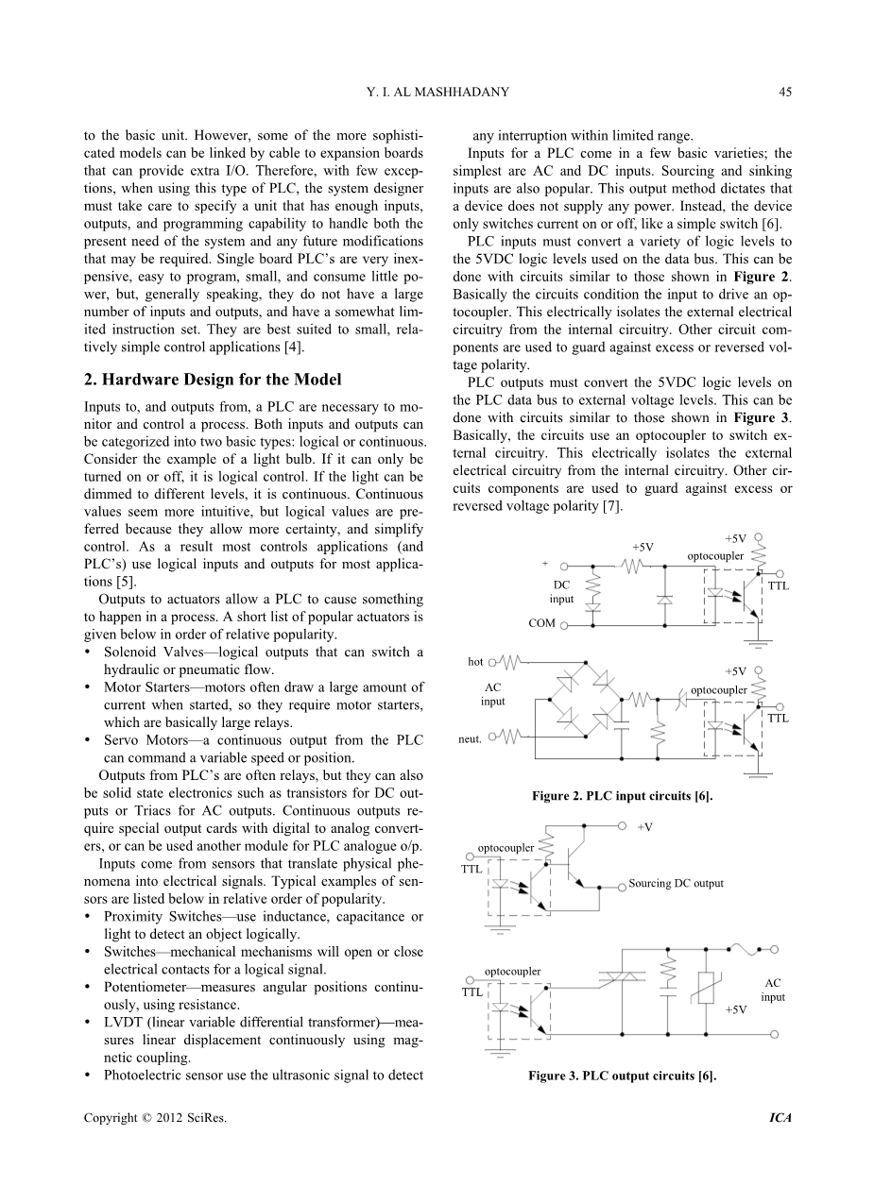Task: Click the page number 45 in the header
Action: (x=785, y=92)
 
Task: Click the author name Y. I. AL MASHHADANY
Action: (x=437, y=92)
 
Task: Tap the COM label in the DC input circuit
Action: (x=541, y=624)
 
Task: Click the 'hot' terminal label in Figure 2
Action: (x=476, y=662)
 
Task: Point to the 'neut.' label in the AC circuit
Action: (x=470, y=738)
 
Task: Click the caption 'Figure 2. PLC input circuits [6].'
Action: (x=622, y=796)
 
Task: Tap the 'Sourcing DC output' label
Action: (x=676, y=884)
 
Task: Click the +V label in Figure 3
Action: (x=644, y=827)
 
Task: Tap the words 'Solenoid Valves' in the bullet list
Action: (x=148, y=652)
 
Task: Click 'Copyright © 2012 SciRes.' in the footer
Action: (x=156, y=1118)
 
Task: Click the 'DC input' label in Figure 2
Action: (x=561, y=592)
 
